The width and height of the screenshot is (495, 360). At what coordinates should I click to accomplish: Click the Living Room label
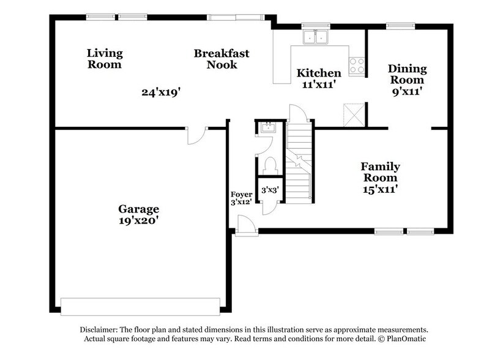point(104,59)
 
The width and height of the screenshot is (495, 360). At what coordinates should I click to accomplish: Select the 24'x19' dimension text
point(161,92)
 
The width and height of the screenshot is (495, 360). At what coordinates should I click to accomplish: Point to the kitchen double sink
point(316,38)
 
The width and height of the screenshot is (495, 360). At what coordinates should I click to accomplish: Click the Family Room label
point(379,172)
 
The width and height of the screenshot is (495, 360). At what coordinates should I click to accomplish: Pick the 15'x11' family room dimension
point(379,190)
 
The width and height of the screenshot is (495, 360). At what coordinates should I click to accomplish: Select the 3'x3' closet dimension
point(270,190)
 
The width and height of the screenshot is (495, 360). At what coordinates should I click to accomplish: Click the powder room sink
point(268,128)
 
